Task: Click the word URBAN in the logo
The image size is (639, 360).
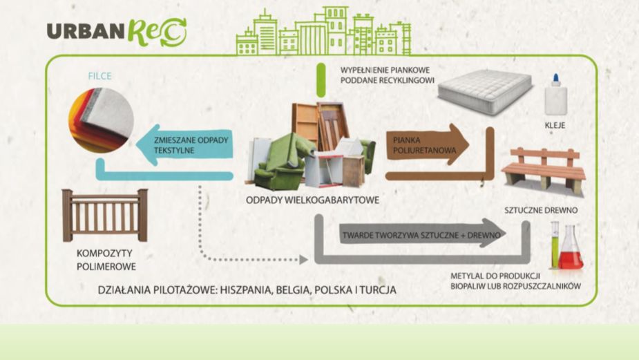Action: click(x=84, y=31)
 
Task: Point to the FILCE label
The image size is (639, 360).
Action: click(x=100, y=75)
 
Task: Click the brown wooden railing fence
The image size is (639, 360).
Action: click(x=105, y=215)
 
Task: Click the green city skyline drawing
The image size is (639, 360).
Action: click(x=323, y=33)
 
